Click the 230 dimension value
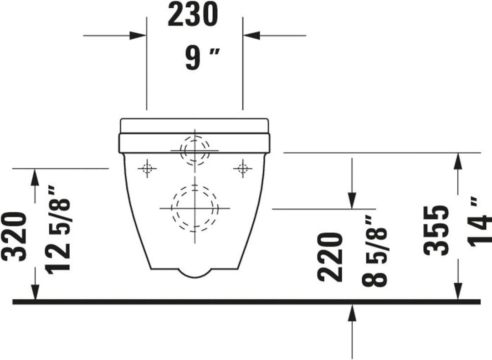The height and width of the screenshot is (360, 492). (x=193, y=15)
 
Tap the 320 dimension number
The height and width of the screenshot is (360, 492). (x=14, y=237)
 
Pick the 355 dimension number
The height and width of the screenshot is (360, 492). (x=436, y=230)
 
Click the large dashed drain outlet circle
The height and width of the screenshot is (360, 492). (x=195, y=208)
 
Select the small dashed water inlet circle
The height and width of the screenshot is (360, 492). (x=195, y=150)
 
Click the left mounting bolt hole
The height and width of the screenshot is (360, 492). (x=147, y=169)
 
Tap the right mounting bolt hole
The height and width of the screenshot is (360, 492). (x=242, y=169)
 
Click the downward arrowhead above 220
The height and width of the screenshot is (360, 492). (x=352, y=200)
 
